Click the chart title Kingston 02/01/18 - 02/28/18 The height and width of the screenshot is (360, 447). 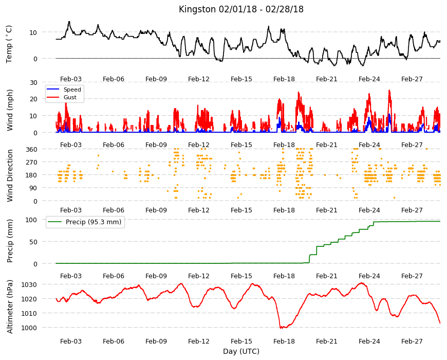pyautogui.click(x=241, y=9)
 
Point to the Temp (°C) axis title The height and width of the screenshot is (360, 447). pyautogui.click(x=9, y=44)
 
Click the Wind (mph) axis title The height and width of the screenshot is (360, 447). pyautogui.click(x=10, y=110)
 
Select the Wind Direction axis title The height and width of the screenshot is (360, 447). pyautogui.click(x=10, y=175)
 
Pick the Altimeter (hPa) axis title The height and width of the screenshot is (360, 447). pyautogui.click(x=10, y=307)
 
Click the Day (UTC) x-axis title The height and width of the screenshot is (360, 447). pyautogui.click(x=241, y=351)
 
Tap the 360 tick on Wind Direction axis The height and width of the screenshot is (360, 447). pyautogui.click(x=32, y=149)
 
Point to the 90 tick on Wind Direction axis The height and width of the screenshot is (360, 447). pyautogui.click(x=33, y=188)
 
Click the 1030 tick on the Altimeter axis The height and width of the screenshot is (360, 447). pyautogui.click(x=29, y=285)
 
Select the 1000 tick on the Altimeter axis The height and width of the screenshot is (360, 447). pyautogui.click(x=29, y=328)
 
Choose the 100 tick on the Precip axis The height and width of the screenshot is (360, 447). pyautogui.click(x=31, y=220)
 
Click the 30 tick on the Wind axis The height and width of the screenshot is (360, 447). pyautogui.click(x=33, y=82)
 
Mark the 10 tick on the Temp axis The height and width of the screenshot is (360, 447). pyautogui.click(x=33, y=32)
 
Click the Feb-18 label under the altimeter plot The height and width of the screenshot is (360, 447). pyautogui.click(x=284, y=341)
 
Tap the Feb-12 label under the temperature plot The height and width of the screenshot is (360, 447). pyautogui.click(x=199, y=79)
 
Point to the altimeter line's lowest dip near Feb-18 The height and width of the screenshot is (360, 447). pyautogui.click(x=282, y=328)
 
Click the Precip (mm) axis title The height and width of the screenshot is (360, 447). pyautogui.click(x=10, y=241)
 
